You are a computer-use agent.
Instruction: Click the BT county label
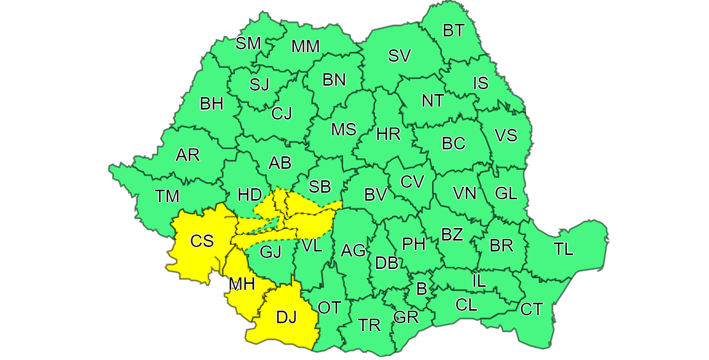click(x=453, y=30)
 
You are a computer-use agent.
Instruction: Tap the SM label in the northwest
click(x=248, y=43)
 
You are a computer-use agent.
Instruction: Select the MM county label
click(x=305, y=46)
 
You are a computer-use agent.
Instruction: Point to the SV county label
click(x=399, y=56)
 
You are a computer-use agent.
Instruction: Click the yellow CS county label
click(x=202, y=241)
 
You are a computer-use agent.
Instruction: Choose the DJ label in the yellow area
click(x=286, y=317)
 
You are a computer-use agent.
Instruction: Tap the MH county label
click(x=242, y=284)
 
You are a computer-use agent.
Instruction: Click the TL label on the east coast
click(x=564, y=248)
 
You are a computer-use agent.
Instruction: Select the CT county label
click(x=531, y=309)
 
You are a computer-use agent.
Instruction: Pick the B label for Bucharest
click(x=421, y=289)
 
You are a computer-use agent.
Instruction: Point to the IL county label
click(x=478, y=281)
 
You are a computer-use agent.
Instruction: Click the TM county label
click(x=167, y=196)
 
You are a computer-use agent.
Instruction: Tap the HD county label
click(x=250, y=194)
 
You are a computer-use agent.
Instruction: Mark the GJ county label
click(x=271, y=252)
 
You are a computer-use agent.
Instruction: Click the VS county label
click(x=506, y=135)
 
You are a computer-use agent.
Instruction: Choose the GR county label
click(x=406, y=317)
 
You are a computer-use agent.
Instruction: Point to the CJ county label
click(x=282, y=114)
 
